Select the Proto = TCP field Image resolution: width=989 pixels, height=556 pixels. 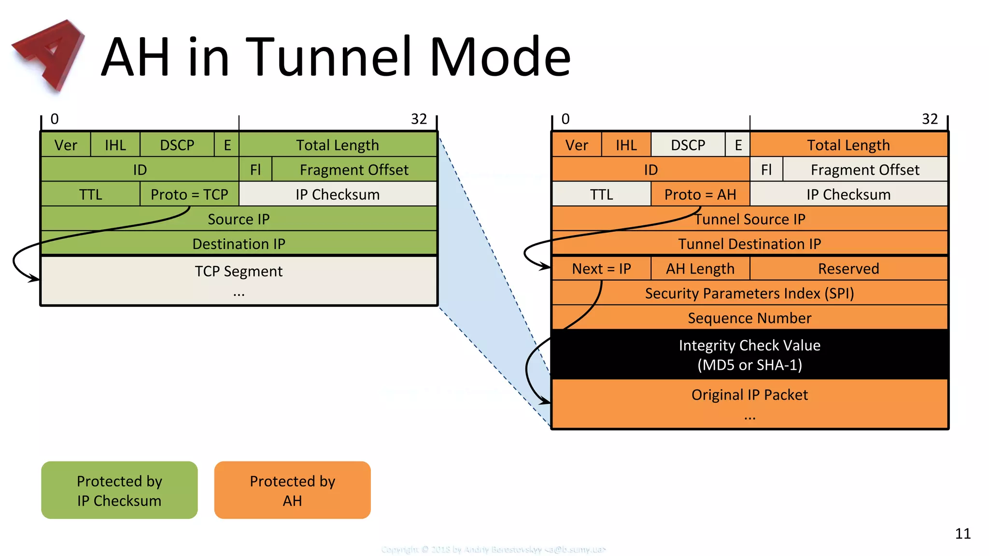pos(189,195)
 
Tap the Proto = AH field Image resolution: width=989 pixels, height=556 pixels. pos(700,195)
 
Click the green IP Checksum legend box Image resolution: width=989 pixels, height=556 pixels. pos(119,490)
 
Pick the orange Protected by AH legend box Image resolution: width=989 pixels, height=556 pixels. pos(292,490)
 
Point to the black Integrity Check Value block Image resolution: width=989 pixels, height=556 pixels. pos(749,355)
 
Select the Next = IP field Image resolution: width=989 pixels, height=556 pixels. pos(601,269)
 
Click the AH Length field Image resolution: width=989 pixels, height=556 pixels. pos(700,269)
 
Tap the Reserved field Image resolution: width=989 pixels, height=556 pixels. pos(848,269)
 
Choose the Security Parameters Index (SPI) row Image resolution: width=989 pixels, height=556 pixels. pos(749,293)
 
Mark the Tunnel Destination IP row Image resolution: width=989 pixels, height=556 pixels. pos(749,244)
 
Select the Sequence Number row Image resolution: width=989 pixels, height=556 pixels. pos(749,318)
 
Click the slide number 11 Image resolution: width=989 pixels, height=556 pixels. pos(962,533)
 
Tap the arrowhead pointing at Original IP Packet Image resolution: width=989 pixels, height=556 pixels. pos(546,401)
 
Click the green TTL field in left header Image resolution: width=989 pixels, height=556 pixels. pos(90,195)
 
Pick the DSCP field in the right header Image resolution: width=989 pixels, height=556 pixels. pos(688,145)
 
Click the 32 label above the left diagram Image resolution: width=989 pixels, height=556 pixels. pos(419,119)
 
